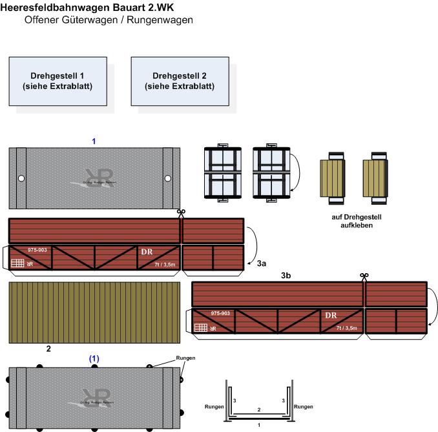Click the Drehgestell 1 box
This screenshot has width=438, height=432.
click(x=57, y=81)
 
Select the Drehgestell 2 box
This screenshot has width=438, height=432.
click(x=179, y=81)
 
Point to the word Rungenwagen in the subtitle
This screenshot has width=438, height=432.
click(x=162, y=20)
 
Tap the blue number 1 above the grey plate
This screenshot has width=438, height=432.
click(x=94, y=141)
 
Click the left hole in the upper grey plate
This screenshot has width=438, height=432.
click(x=21, y=178)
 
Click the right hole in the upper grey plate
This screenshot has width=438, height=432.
click(x=167, y=178)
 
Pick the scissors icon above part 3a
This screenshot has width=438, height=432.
click(x=182, y=212)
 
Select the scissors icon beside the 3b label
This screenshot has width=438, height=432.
click(x=364, y=276)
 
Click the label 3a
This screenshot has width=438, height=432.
click(x=262, y=263)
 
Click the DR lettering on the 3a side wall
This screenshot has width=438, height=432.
click(x=147, y=251)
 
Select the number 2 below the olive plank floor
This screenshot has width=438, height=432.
click(x=48, y=349)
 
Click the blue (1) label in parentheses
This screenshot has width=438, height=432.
click(x=94, y=358)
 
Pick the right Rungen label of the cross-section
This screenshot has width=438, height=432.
click(x=304, y=407)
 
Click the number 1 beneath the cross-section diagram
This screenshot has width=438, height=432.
click(x=259, y=425)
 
